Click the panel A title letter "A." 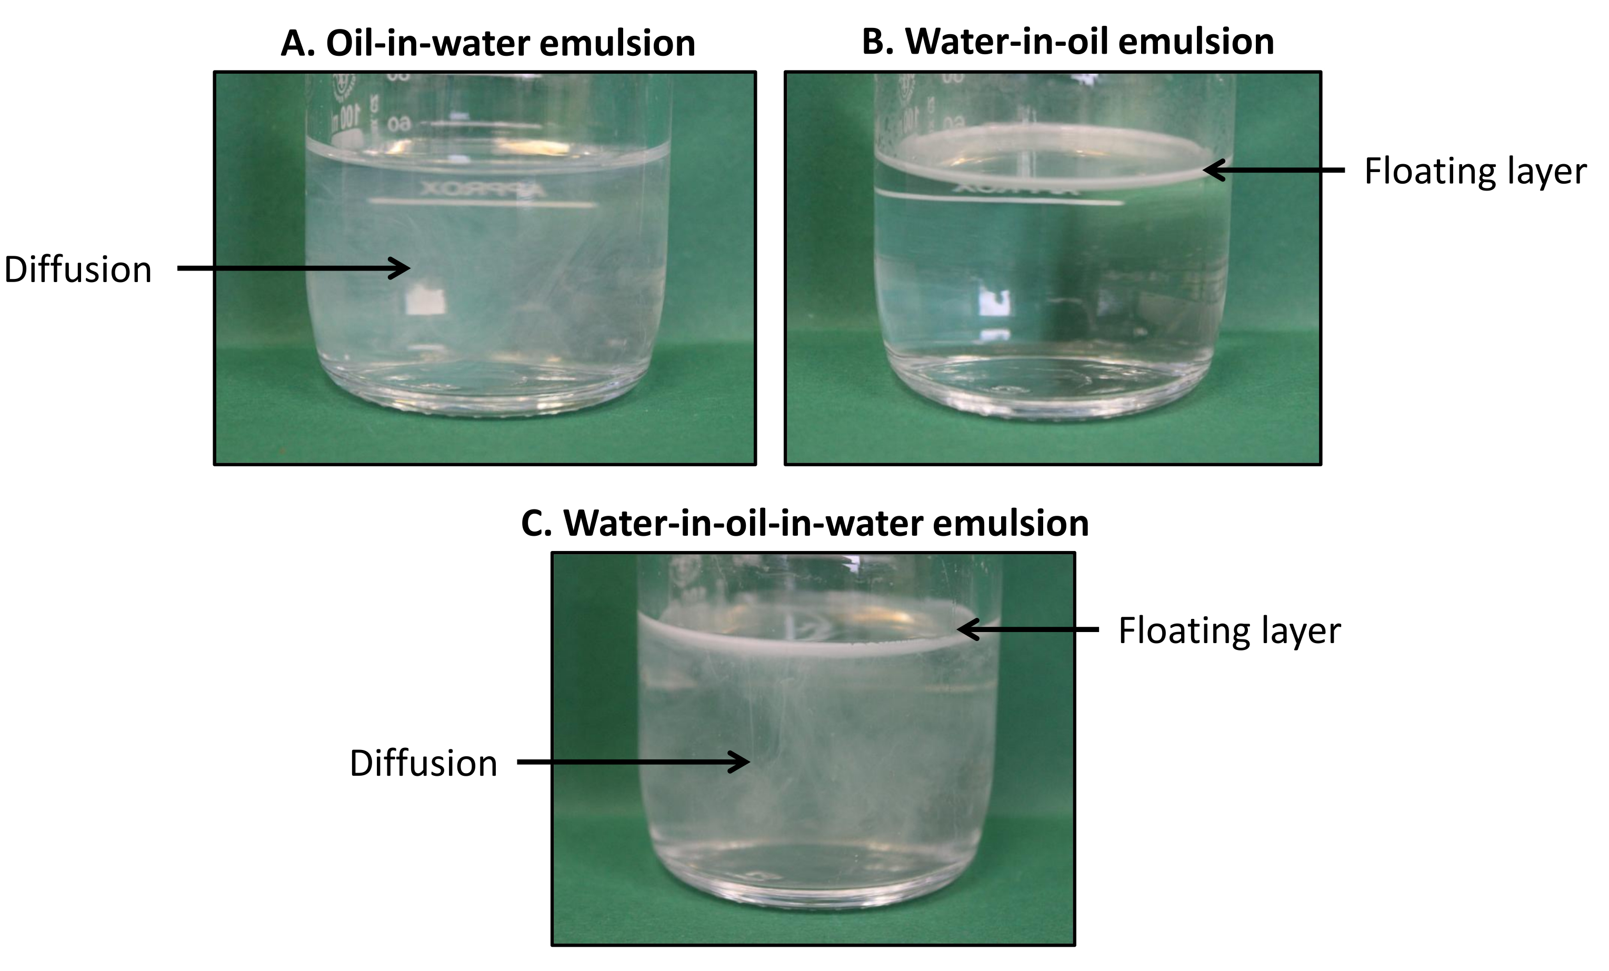point(298,44)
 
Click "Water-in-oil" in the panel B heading point(1006,42)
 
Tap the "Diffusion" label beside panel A point(78,269)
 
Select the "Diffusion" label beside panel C point(424,763)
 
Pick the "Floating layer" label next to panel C point(1230,631)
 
